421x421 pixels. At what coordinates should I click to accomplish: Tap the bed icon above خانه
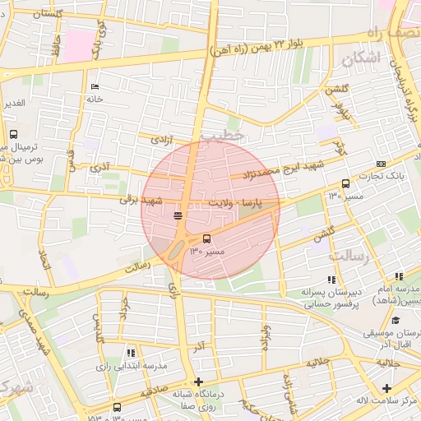[95, 87]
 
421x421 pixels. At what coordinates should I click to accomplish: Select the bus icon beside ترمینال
[13, 135]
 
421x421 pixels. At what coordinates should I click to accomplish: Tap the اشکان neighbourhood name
[363, 58]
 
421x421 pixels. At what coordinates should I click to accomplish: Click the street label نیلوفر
[340, 110]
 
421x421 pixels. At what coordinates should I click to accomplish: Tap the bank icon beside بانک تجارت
[380, 164]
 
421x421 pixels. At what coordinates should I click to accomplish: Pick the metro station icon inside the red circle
[178, 215]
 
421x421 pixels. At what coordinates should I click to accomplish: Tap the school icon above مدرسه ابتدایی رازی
[132, 353]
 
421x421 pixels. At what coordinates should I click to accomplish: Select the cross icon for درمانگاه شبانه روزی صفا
[198, 382]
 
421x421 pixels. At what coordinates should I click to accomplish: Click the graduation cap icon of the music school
[396, 321]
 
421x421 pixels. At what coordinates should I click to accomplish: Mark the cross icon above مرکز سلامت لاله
[386, 387]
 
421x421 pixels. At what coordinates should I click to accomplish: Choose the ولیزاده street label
[265, 337]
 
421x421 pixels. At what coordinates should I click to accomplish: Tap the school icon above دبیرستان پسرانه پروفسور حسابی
[333, 280]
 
